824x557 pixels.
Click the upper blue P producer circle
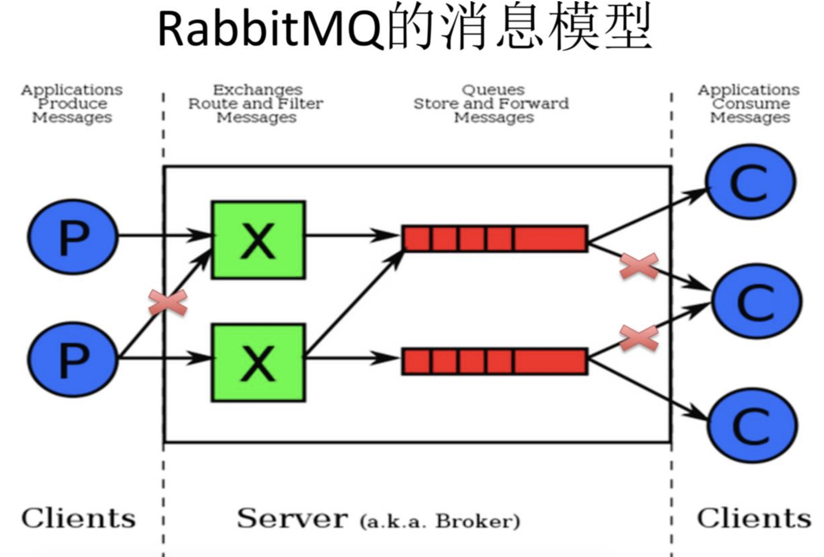click(x=73, y=237)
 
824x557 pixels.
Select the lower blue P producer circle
click(x=73, y=359)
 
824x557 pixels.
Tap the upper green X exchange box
click(x=258, y=240)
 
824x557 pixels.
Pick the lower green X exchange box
click(x=258, y=363)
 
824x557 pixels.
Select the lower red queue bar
click(x=495, y=361)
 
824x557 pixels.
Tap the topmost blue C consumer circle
click(x=751, y=182)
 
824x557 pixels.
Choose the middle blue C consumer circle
click(x=757, y=301)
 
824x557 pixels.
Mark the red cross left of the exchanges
click(x=168, y=302)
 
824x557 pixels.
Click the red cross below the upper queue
click(x=639, y=266)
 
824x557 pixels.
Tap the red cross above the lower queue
click(x=639, y=338)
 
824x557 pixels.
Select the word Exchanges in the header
click(x=258, y=89)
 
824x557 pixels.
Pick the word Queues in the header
click(x=493, y=89)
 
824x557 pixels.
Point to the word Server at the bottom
click(x=292, y=519)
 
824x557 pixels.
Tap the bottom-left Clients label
click(x=79, y=519)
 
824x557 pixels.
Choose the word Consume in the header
click(x=751, y=104)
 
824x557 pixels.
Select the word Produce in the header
click(x=73, y=104)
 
